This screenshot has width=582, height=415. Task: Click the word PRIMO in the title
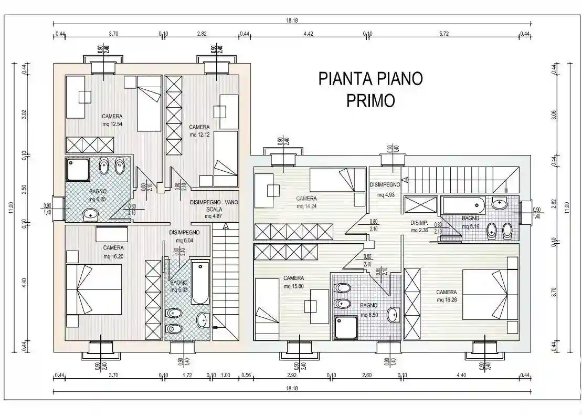pyautogui.click(x=371, y=100)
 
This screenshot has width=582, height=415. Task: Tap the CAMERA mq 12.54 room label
pyautogui.click(x=112, y=120)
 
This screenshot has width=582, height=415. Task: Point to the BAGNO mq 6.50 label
pyautogui.click(x=369, y=309)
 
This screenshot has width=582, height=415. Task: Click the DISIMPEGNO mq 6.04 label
pyautogui.click(x=184, y=236)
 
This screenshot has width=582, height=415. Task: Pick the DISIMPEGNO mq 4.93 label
pyautogui.click(x=385, y=189)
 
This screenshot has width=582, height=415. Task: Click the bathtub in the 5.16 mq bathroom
pyautogui.click(x=462, y=205)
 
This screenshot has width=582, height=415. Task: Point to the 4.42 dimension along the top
pyautogui.click(x=309, y=34)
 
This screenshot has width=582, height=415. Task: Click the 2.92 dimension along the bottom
pyautogui.click(x=292, y=375)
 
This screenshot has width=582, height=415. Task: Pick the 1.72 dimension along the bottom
pyautogui.click(x=187, y=375)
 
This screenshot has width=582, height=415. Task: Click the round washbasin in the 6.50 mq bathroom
pyautogui.click(x=393, y=315)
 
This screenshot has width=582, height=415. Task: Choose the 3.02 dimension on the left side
pyautogui.click(x=25, y=115)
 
